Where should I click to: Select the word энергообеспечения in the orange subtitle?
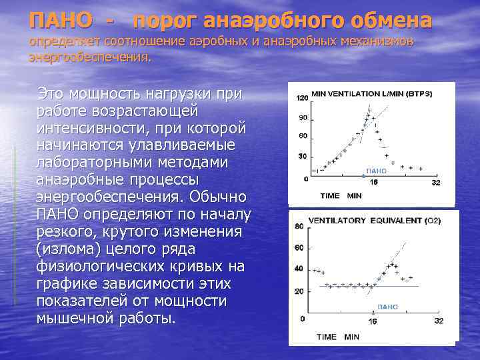coord(89,57)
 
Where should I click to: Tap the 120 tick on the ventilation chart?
coord(301,98)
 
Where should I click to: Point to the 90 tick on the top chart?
coord(303,118)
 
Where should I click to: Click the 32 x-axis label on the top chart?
coord(437,183)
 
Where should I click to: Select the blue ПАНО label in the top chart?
coord(375,171)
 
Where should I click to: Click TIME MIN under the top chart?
coord(340,196)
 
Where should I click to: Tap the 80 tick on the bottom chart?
coord(299,226)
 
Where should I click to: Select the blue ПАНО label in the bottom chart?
coord(387,307)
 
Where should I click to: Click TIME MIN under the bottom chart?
coord(337,337)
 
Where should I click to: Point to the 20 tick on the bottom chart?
coord(299,291)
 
